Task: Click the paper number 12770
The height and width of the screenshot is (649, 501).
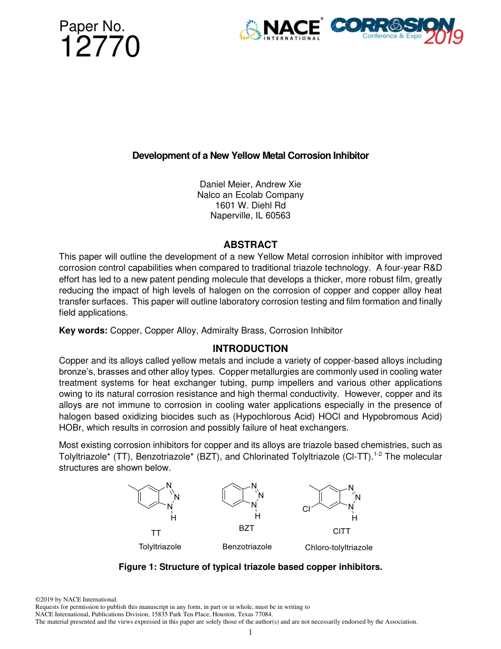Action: click(100, 47)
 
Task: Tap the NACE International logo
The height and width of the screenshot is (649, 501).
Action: click(280, 30)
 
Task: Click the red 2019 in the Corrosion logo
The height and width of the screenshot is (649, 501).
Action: click(444, 37)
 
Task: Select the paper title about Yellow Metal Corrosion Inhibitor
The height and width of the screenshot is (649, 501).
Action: click(250, 156)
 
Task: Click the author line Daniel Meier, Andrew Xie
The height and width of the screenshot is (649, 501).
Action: click(250, 184)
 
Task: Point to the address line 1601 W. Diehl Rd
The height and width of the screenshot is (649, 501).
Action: click(250, 205)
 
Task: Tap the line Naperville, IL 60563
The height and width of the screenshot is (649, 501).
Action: click(250, 216)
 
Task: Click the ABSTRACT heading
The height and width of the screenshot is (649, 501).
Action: click(250, 244)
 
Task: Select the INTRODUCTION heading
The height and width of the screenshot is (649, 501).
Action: click(250, 348)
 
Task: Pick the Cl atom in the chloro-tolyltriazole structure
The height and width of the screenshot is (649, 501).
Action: click(306, 509)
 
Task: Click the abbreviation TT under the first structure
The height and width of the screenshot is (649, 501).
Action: click(156, 533)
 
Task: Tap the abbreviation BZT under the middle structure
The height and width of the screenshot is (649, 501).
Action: click(246, 528)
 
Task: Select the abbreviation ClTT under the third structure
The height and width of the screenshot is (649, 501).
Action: click(341, 531)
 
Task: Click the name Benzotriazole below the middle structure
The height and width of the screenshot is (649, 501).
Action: click(247, 547)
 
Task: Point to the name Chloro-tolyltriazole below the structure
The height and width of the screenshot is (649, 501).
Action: click(339, 548)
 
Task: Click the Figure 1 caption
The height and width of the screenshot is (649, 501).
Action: click(250, 567)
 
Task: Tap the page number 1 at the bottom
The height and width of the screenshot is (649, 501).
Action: click(250, 633)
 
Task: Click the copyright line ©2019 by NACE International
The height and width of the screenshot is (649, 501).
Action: click(76, 599)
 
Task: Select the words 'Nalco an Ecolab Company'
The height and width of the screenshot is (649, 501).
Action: click(250, 195)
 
